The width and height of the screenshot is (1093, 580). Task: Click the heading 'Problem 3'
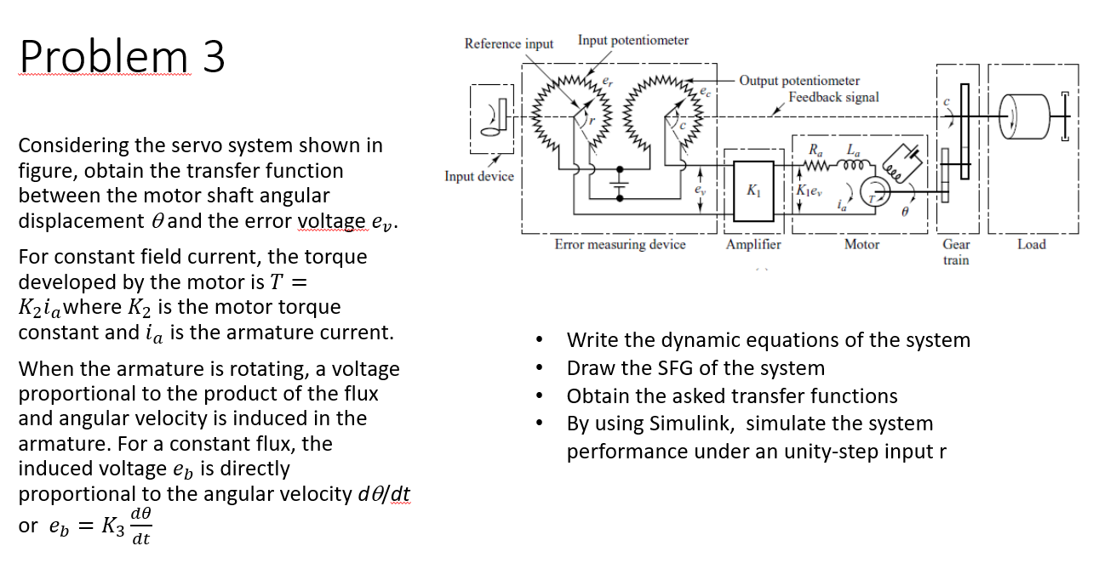(x=123, y=57)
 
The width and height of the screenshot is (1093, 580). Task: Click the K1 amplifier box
(x=753, y=190)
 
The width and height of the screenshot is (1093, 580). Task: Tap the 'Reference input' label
(x=508, y=43)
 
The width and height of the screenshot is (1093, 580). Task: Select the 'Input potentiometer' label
(x=633, y=40)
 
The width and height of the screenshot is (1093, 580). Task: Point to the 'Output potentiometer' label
(x=799, y=81)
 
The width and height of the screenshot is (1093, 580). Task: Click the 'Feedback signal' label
(x=833, y=97)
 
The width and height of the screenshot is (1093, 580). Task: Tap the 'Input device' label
(x=479, y=176)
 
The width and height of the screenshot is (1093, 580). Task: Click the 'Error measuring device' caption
(x=620, y=245)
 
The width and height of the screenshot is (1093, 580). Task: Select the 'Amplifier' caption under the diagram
(x=753, y=245)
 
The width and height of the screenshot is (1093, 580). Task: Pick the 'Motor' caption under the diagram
(x=861, y=245)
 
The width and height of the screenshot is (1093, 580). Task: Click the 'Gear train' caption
(x=956, y=252)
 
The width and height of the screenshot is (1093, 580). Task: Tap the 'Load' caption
(x=1031, y=245)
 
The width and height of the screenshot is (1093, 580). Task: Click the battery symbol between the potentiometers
(x=620, y=183)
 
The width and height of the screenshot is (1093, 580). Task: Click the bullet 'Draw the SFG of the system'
(x=695, y=368)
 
